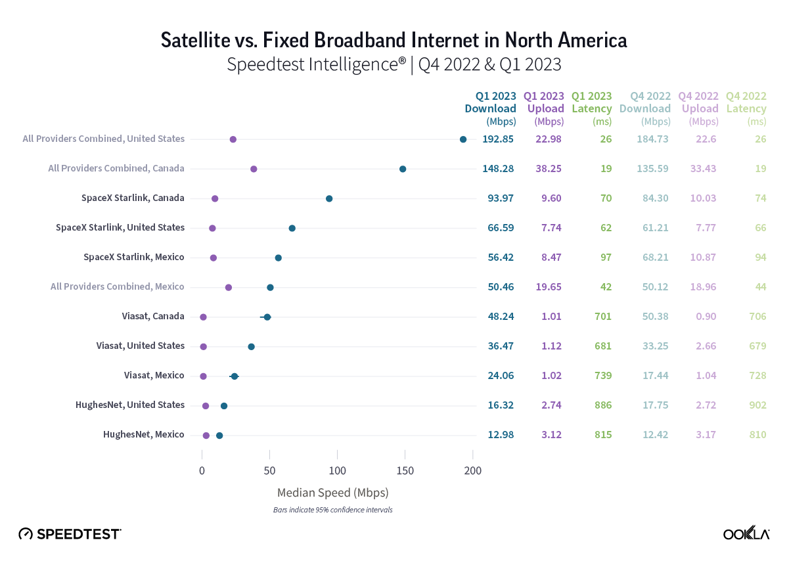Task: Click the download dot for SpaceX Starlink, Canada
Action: click(x=329, y=198)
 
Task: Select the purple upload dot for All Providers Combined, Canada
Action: click(x=254, y=169)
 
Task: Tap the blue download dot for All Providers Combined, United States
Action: click(x=463, y=139)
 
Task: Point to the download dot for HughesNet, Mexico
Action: click(x=219, y=436)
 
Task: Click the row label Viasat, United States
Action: click(x=140, y=346)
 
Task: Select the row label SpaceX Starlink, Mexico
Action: click(x=134, y=257)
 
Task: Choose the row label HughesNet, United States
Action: click(x=130, y=405)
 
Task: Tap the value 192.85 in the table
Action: click(x=498, y=139)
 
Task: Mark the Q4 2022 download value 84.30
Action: click(x=654, y=198)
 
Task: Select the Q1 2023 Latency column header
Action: click(x=592, y=108)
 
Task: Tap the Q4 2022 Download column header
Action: click(x=650, y=108)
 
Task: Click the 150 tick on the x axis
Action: click(x=405, y=470)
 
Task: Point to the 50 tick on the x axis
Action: click(x=269, y=470)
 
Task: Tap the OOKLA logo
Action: click(x=746, y=534)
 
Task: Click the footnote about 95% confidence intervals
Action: click(x=333, y=510)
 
